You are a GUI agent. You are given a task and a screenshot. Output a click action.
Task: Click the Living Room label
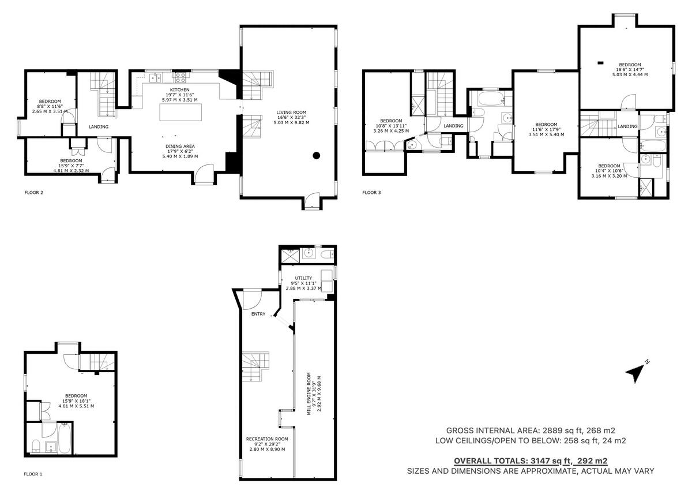[x=291, y=118]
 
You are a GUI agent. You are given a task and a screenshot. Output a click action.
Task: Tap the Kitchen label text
[x=179, y=95]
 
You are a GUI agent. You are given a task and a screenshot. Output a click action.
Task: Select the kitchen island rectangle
[x=180, y=112]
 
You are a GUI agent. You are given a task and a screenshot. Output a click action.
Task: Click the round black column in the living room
[x=316, y=155]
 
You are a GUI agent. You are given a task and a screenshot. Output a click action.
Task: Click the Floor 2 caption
[x=33, y=193]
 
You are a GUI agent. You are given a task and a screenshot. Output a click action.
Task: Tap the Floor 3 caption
[x=371, y=193]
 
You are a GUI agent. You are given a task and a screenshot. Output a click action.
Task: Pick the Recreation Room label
[x=267, y=444]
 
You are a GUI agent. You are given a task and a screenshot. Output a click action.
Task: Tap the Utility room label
[x=303, y=283]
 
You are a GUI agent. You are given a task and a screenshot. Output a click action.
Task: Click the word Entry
[x=258, y=314]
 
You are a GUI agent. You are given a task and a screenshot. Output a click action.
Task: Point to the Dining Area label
[x=180, y=151]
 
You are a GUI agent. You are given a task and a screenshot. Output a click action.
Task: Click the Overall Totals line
[x=531, y=461]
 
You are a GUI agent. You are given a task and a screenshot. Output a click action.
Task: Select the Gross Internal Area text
[x=531, y=430]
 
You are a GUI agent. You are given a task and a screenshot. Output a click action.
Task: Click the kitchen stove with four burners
[x=180, y=77]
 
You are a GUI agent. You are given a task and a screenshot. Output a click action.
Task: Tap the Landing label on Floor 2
[x=99, y=127]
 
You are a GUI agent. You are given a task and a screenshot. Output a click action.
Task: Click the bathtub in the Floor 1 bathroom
[x=64, y=438]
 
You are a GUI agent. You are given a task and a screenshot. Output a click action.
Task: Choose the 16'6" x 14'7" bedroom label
[x=630, y=70]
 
